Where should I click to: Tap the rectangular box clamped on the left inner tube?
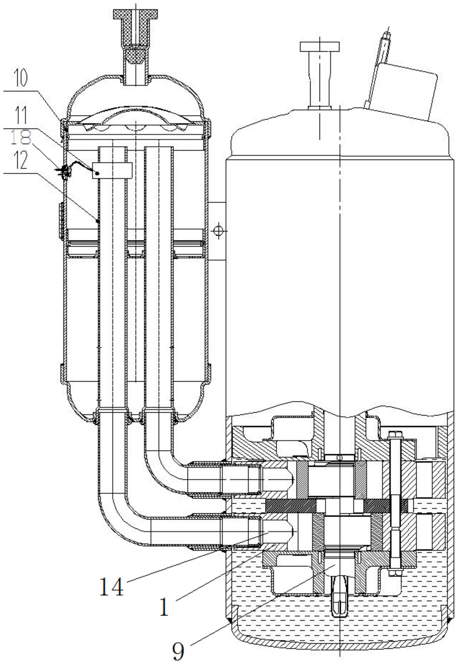tap(112, 171)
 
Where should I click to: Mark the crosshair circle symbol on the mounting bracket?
tap(219, 230)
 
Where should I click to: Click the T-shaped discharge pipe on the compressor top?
tap(319, 75)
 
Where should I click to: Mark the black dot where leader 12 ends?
tap(98, 221)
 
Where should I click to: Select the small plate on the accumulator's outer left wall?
tap(61, 221)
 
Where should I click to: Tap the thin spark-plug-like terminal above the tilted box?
tap(385, 43)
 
